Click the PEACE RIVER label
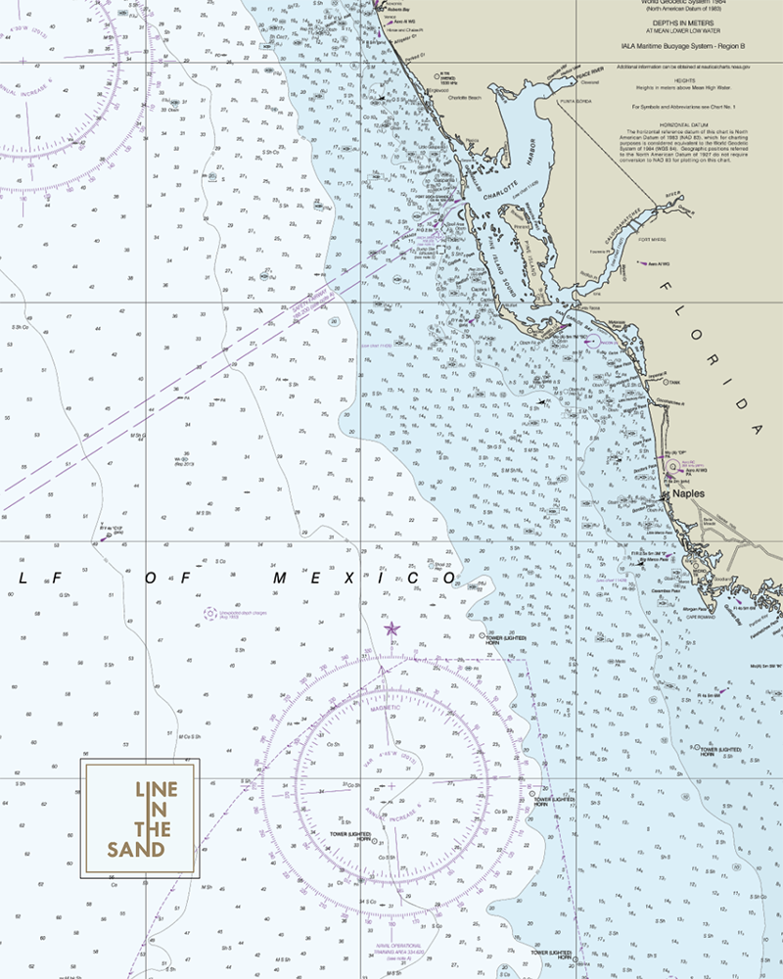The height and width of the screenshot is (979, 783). (x=590, y=71)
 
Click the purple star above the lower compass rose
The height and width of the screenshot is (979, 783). (x=391, y=629)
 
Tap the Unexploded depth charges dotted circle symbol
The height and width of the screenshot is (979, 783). (x=209, y=614)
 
